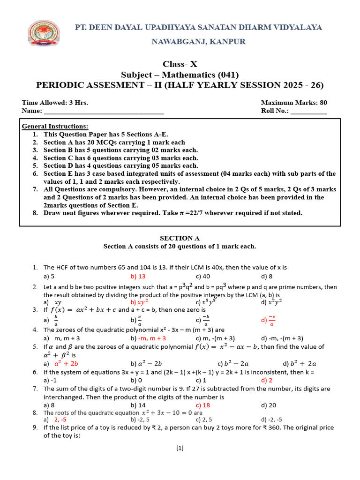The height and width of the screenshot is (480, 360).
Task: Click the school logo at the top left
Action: pos(45,34)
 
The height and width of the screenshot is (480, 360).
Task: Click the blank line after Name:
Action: pos(103,111)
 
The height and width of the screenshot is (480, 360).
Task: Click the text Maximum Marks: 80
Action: pos(294,103)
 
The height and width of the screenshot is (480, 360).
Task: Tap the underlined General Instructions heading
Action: pos(55,127)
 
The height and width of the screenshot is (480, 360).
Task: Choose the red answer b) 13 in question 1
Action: pos(138,276)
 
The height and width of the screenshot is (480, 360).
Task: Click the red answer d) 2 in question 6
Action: pos(267,380)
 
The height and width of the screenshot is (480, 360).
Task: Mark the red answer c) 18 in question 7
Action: pos(202,405)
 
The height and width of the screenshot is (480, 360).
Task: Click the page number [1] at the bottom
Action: pos(180,448)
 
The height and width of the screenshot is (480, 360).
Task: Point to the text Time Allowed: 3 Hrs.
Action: pos(55,103)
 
